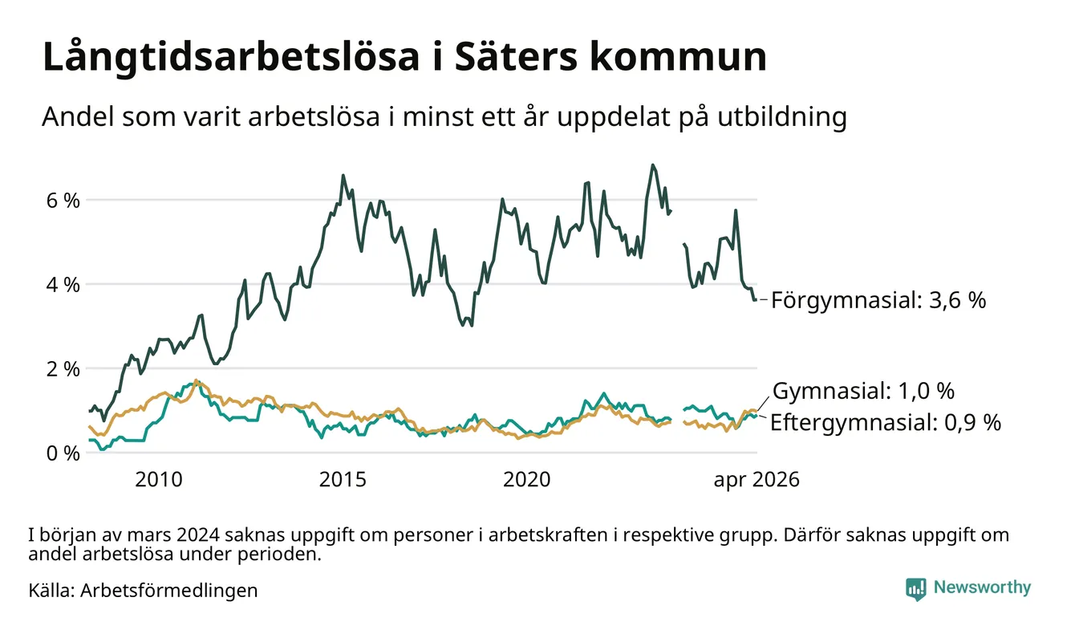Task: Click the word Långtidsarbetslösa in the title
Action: (231, 58)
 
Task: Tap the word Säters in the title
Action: (515, 57)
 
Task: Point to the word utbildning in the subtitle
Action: (782, 116)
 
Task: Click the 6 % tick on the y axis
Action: (63, 200)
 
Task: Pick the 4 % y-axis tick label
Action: (63, 285)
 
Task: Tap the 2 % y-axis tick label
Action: (63, 369)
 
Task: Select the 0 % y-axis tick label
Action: (63, 453)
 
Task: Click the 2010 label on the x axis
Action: (159, 480)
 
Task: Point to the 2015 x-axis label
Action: (343, 480)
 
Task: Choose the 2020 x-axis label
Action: (526, 480)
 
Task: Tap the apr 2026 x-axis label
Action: (757, 480)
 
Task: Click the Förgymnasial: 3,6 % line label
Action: (878, 300)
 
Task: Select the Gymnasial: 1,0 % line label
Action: (864, 391)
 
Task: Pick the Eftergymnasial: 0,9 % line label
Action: (886, 422)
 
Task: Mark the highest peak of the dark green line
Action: (652, 165)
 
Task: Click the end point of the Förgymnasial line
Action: (756, 300)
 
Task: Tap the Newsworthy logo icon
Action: (915, 589)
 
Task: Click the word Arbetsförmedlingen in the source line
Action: (169, 591)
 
